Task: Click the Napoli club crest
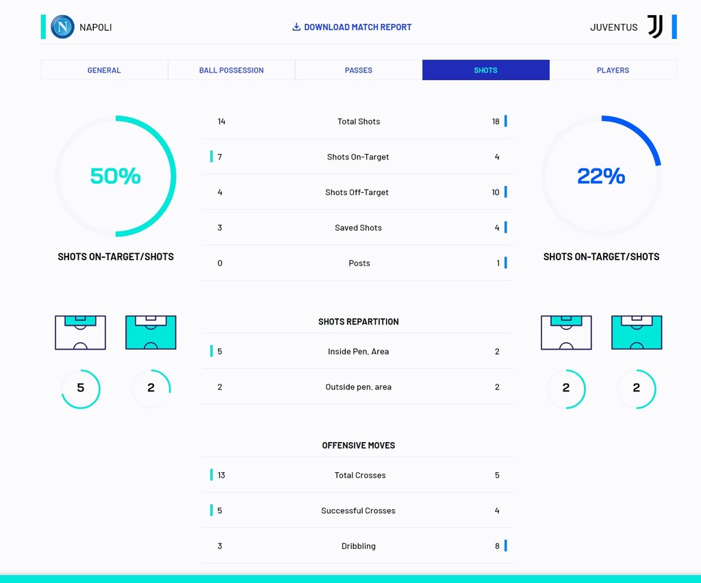click(x=62, y=27)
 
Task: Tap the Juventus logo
click(x=655, y=27)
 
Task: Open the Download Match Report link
click(x=352, y=27)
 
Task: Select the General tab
click(x=104, y=70)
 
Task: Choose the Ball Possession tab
click(x=231, y=70)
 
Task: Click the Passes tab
click(x=359, y=70)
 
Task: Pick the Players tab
click(x=613, y=70)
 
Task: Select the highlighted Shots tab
click(x=485, y=70)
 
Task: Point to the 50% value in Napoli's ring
click(x=115, y=176)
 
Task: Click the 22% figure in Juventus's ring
click(x=601, y=176)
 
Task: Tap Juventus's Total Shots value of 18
click(x=496, y=122)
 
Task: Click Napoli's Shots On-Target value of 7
click(x=220, y=157)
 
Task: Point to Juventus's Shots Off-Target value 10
click(x=496, y=192)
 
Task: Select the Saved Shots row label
click(x=358, y=228)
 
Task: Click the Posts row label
click(x=359, y=263)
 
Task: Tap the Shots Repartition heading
click(x=358, y=322)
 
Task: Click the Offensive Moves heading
click(x=358, y=445)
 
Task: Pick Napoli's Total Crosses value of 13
click(x=221, y=476)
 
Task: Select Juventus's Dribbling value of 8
click(x=497, y=546)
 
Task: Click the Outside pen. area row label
click(x=358, y=387)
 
